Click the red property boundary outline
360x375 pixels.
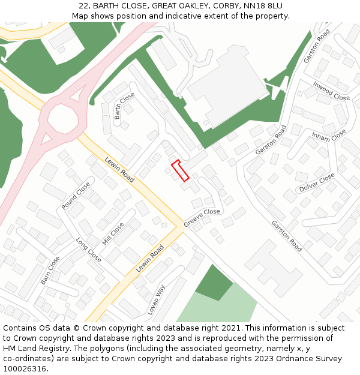tap(180, 170)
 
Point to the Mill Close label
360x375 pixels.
tap(113, 233)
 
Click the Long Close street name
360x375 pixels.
tap(88, 250)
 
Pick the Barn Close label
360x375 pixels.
tap(50, 271)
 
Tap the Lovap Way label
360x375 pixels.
tap(157, 299)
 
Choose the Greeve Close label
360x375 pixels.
tap(202, 217)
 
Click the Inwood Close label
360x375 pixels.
tap(331, 91)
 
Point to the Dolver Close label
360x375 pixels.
tap(317, 182)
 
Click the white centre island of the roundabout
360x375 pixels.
tap(62, 118)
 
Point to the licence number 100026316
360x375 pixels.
tap(25, 368)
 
